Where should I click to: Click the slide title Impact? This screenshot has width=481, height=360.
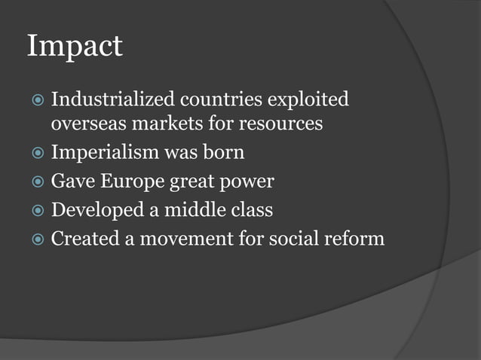pyautogui.click(x=74, y=47)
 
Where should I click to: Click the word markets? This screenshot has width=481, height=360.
pyautogui.click(x=158, y=123)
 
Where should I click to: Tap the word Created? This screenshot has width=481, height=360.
pyautogui.click(x=84, y=239)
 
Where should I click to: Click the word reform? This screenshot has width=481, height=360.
pyautogui.click(x=357, y=239)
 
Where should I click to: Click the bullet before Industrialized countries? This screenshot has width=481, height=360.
pyautogui.click(x=35, y=100)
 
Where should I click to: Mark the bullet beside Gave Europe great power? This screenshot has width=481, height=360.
pyautogui.click(x=35, y=182)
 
